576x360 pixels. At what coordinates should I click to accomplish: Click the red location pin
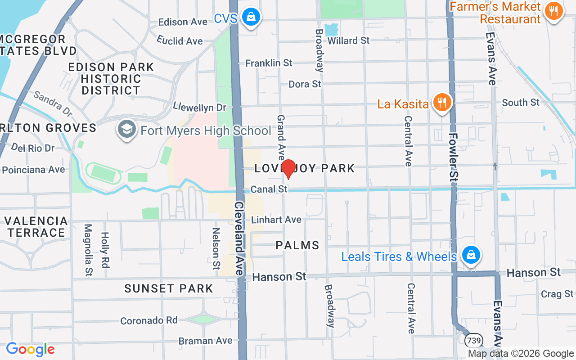coord(288,169)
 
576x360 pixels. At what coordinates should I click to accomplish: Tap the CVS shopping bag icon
coord(251,18)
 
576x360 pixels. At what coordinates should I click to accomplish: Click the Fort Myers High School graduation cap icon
coord(127,130)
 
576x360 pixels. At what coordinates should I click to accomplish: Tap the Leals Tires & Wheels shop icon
coord(471,255)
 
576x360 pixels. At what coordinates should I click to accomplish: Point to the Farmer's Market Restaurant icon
coord(553,11)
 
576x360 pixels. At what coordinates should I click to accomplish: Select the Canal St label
coord(269,189)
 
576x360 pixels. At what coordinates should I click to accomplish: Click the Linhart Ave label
coord(276,220)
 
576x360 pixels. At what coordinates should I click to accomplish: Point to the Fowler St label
coord(454,157)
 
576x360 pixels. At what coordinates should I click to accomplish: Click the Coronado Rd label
coord(149,320)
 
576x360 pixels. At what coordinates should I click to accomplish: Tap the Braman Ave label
coord(206,341)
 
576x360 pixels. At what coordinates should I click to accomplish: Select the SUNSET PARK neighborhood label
coord(169,288)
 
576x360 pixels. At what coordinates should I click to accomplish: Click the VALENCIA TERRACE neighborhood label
coord(36,227)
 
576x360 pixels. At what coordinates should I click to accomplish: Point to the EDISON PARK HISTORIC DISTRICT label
coord(111,79)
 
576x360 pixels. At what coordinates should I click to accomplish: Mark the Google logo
coord(30,349)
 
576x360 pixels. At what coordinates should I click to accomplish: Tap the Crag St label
coord(557,294)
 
